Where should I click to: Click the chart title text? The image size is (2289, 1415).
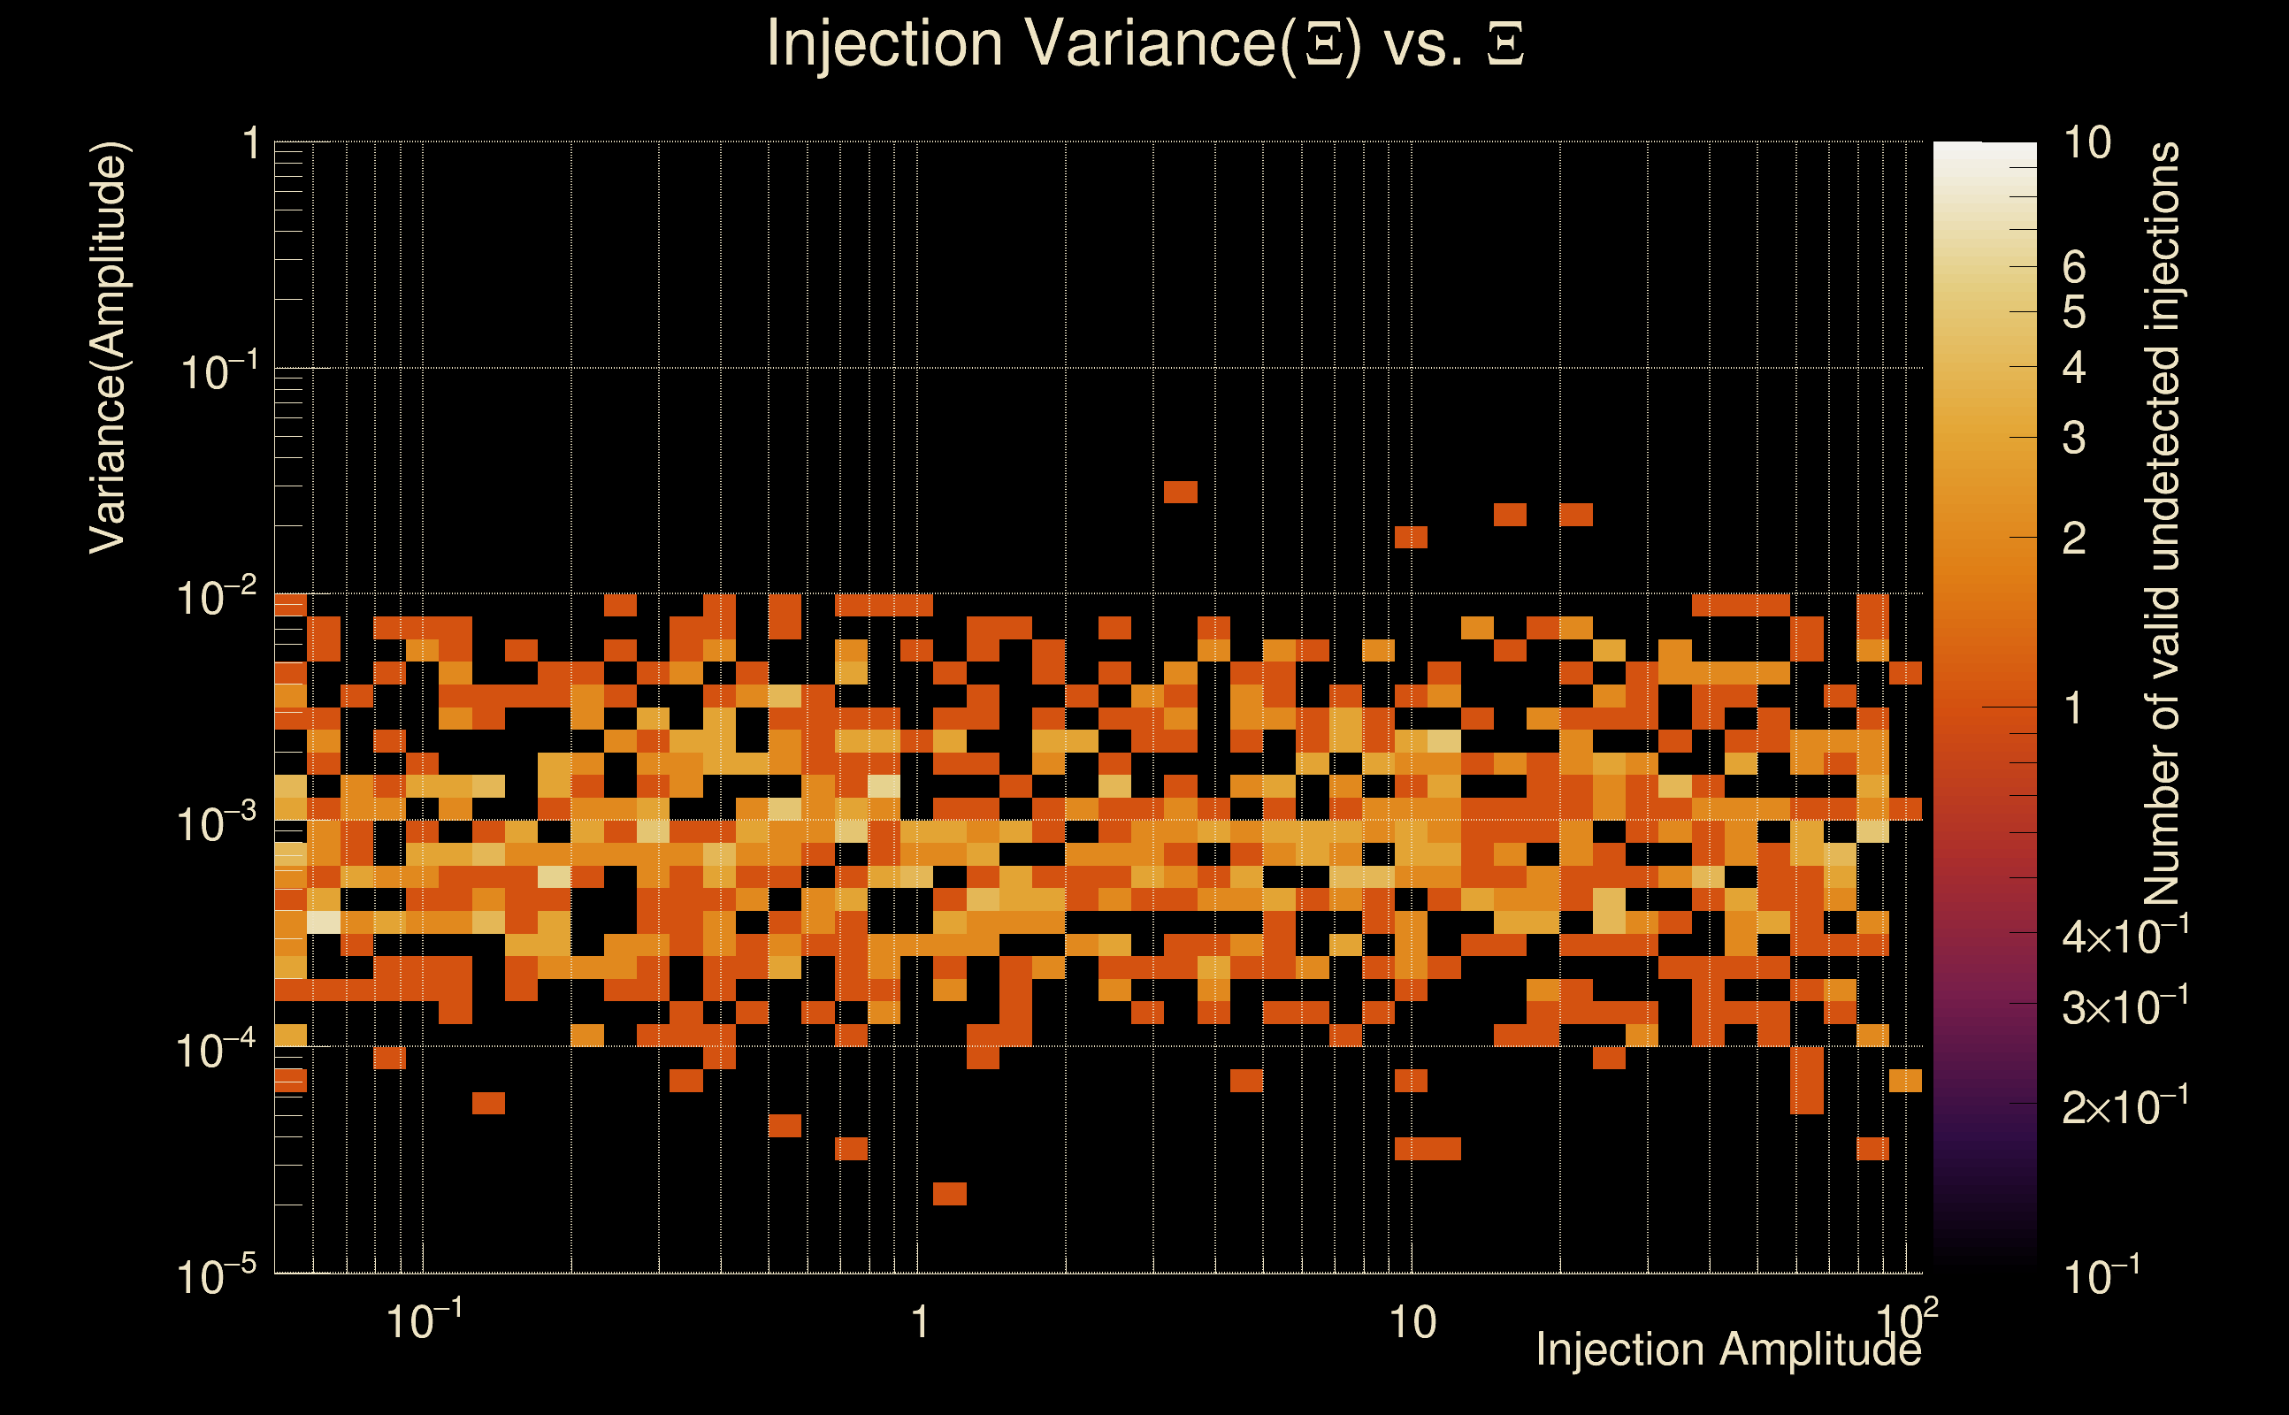click(x=1144, y=43)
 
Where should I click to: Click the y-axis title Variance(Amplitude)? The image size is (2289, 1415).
click(x=108, y=348)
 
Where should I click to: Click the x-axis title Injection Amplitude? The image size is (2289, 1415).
click(x=1727, y=1350)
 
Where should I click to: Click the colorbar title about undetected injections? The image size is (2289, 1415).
click(x=2162, y=524)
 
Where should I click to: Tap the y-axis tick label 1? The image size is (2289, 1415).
click(x=250, y=145)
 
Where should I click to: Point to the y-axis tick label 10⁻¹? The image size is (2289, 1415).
click(x=217, y=371)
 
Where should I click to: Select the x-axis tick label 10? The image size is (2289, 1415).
click(x=1412, y=1322)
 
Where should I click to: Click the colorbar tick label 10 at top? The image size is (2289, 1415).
click(x=2086, y=143)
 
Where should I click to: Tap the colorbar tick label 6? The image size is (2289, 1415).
click(x=2074, y=268)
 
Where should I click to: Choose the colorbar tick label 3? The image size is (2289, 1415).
click(x=2074, y=438)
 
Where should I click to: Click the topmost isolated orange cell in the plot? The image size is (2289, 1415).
click(x=1180, y=492)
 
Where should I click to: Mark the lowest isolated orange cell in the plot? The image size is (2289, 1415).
click(x=950, y=1193)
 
